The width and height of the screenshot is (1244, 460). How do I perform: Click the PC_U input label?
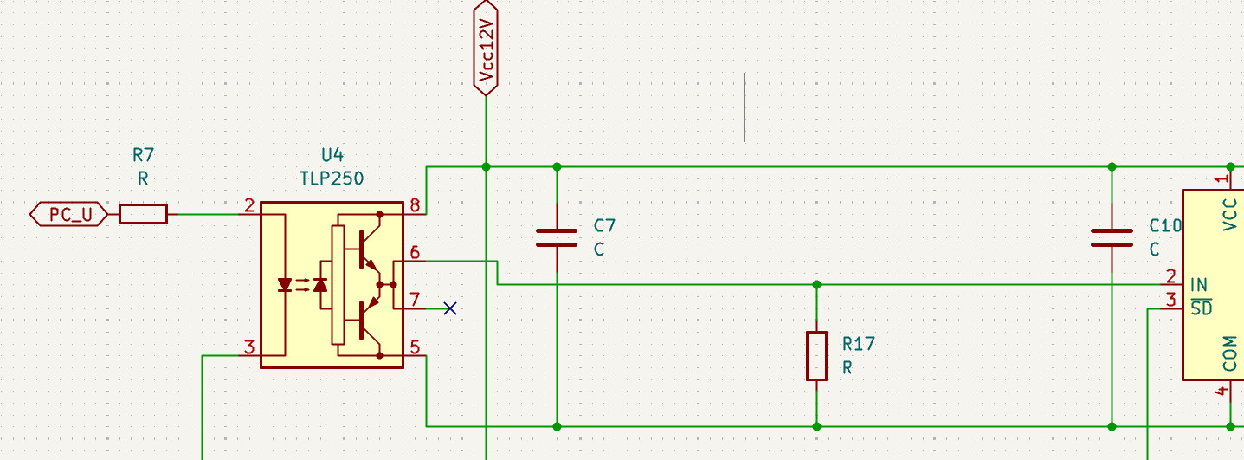pyautogui.click(x=69, y=214)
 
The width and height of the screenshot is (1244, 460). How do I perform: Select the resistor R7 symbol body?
pyautogui.click(x=144, y=214)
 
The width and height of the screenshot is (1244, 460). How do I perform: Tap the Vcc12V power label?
pyautogui.click(x=486, y=49)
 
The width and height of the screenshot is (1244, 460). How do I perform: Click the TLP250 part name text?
pyautogui.click(x=332, y=178)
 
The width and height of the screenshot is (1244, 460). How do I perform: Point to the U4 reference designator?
pyautogui.click(x=332, y=154)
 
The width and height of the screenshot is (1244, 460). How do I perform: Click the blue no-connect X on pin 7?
pyautogui.click(x=450, y=308)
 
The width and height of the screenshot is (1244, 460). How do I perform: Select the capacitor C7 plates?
pyautogui.click(x=557, y=237)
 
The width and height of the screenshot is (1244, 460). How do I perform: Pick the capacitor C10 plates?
pyautogui.click(x=1112, y=237)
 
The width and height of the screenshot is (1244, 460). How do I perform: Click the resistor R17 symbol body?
pyautogui.click(x=816, y=356)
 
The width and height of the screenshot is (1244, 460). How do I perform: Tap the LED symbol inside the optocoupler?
pyautogui.click(x=285, y=285)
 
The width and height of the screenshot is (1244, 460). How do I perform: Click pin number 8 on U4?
pyautogui.click(x=415, y=205)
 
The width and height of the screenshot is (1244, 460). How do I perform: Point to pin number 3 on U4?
pyautogui.click(x=249, y=347)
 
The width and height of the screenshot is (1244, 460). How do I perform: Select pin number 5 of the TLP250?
pyautogui.click(x=415, y=347)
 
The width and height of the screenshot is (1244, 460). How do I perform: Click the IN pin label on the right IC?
pyautogui.click(x=1199, y=285)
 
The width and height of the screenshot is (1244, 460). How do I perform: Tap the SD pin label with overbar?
pyautogui.click(x=1202, y=308)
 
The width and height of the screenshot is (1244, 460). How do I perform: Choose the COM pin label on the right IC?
pyautogui.click(x=1229, y=353)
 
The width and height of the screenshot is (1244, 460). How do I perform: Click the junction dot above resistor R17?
pyautogui.click(x=816, y=285)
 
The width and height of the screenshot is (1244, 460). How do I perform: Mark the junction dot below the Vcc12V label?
pyautogui.click(x=486, y=166)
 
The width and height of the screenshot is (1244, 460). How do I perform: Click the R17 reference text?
pyautogui.click(x=859, y=344)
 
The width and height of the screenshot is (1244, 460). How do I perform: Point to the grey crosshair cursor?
pyautogui.click(x=745, y=107)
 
